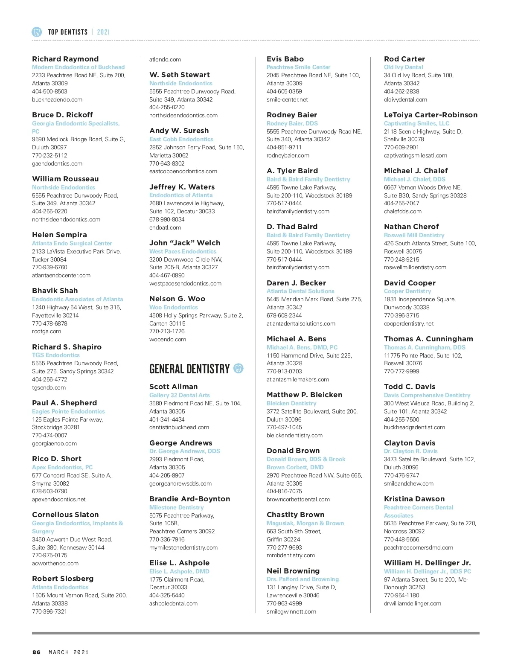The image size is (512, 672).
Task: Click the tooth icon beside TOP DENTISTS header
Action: (37, 32)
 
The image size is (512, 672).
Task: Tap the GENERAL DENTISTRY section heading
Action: (189, 369)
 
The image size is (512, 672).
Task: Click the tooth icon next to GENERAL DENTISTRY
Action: (239, 368)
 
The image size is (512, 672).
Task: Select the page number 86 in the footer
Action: (37, 652)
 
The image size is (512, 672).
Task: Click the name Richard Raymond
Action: (65, 59)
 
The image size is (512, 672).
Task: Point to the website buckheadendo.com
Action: (57, 99)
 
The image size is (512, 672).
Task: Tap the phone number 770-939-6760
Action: (49, 267)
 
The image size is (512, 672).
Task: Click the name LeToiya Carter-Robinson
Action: (431, 115)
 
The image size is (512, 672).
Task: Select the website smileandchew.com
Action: (408, 483)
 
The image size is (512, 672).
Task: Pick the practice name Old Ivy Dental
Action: (403, 67)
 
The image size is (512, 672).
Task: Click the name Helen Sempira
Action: (59, 235)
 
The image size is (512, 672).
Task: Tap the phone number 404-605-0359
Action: (284, 91)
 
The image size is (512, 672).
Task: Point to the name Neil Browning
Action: (293, 571)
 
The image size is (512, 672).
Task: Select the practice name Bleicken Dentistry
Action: (291, 403)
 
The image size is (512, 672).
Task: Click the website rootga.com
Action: (47, 331)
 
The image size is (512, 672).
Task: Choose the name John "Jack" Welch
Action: (185, 243)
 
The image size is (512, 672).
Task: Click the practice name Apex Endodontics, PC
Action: (62, 467)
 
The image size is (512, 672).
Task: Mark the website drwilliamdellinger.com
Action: (413, 603)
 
